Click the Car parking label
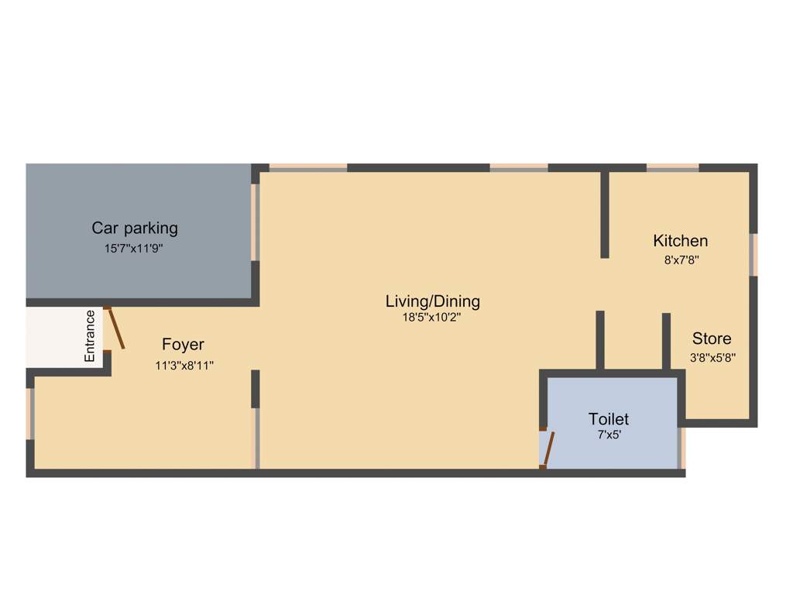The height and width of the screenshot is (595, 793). coord(135,228)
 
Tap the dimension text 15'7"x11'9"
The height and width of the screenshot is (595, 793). coord(135,249)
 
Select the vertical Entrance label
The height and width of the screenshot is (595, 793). coord(90,335)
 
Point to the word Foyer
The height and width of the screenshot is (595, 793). coord(183,345)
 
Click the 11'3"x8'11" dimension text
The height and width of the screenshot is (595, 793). coord(184,366)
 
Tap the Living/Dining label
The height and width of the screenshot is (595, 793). coord(433,301)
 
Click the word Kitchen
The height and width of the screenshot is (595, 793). coord(680,240)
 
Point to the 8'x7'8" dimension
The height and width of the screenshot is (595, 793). coord(681,260)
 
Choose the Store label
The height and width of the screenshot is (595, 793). coord(711,339)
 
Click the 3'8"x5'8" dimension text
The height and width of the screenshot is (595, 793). coord(712,358)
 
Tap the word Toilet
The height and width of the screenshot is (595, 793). coord(609,419)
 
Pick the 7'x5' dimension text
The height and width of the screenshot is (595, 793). coord(609,435)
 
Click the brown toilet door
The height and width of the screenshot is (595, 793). coord(549,449)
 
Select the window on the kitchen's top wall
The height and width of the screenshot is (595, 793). coord(672,167)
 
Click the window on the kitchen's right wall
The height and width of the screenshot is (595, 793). coord(754,254)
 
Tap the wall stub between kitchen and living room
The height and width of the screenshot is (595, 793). coord(605,215)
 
